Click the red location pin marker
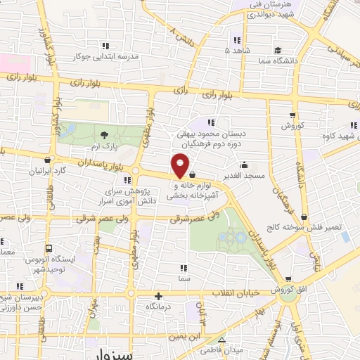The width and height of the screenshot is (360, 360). (x=180, y=167)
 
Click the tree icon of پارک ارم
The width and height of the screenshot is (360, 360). (x=103, y=134)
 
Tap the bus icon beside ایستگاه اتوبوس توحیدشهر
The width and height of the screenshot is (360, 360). (x=49, y=248)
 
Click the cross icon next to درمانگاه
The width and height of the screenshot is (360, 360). (x=159, y=296)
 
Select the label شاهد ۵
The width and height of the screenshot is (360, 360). (x=236, y=51)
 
